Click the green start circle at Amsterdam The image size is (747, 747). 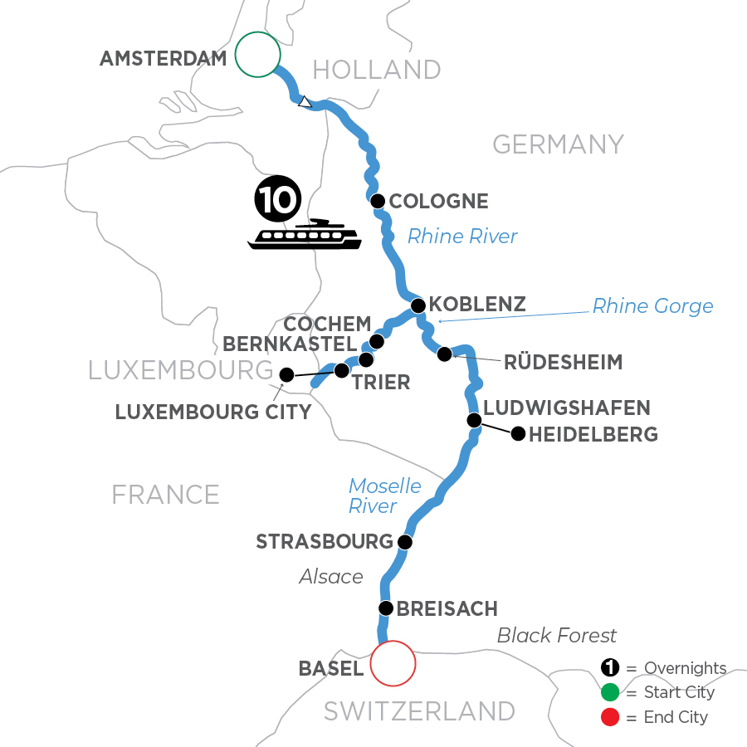tap(257, 54)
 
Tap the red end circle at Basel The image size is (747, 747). tap(393, 663)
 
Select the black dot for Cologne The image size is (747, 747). tap(378, 201)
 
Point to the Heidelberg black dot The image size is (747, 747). tap(518, 432)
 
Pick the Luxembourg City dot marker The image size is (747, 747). tap(286, 375)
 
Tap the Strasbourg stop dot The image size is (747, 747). tap(404, 542)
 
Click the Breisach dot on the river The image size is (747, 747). tap(385, 608)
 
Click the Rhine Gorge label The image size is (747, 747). tap(652, 306)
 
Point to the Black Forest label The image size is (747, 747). tap(556, 636)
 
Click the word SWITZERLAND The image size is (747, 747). tap(419, 711)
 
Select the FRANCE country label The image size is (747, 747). tap(166, 495)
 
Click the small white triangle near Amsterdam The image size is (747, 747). tap(305, 102)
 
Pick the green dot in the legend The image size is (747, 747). tap(611, 692)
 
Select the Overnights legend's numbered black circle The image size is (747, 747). tap(611, 668)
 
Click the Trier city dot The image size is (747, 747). tap(341, 370)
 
